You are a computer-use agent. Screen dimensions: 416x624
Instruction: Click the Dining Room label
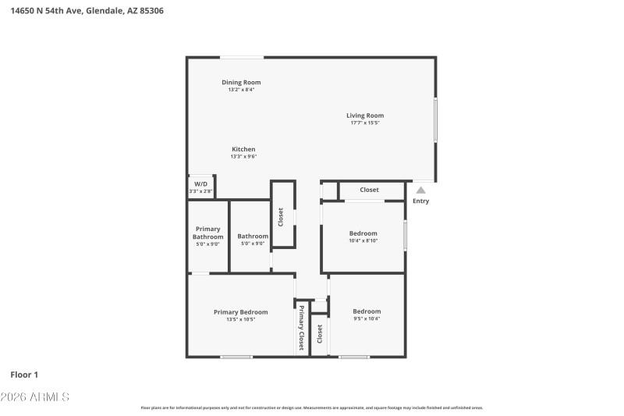241,82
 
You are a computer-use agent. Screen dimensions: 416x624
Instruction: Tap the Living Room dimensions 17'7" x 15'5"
365,123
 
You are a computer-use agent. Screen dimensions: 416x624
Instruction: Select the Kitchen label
243,149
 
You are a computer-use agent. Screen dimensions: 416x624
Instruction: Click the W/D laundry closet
200,187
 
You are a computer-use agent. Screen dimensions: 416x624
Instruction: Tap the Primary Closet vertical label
301,327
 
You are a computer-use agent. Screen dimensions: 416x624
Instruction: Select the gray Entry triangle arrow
420,190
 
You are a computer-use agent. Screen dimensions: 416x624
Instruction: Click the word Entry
420,201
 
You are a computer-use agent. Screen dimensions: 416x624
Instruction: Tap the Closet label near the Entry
369,190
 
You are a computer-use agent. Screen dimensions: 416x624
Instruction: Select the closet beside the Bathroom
282,215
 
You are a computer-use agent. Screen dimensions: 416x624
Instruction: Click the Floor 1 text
24,375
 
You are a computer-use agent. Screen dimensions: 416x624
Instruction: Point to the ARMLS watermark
35,397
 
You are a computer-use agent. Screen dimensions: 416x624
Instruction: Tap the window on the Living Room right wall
435,119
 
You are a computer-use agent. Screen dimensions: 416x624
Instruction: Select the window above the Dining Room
241,57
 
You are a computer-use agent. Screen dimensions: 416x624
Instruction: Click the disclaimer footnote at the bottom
311,407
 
